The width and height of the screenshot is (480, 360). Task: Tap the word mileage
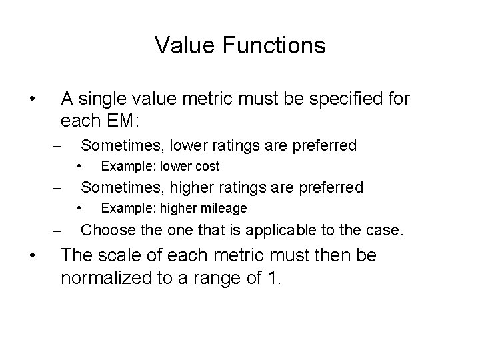point(221,209)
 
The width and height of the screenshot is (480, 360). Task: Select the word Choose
point(106,231)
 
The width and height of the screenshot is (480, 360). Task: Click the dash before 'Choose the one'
point(59,232)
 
